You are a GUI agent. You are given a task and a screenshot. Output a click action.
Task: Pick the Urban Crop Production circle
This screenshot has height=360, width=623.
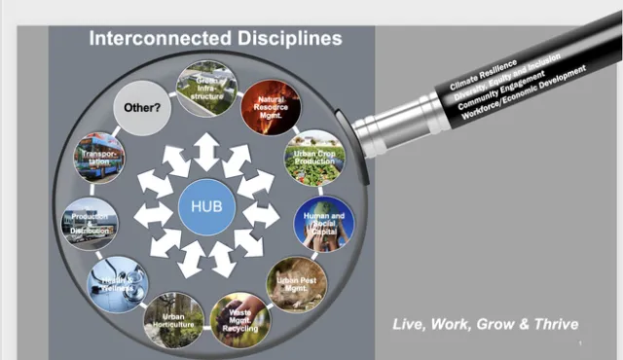pos(312,156)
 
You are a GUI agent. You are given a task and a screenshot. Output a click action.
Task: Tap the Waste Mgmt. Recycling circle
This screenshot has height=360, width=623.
pos(238,321)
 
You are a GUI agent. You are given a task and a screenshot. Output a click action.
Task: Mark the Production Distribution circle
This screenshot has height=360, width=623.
pos(91,223)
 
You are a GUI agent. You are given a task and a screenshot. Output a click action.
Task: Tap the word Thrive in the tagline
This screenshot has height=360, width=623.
pos(550,324)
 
